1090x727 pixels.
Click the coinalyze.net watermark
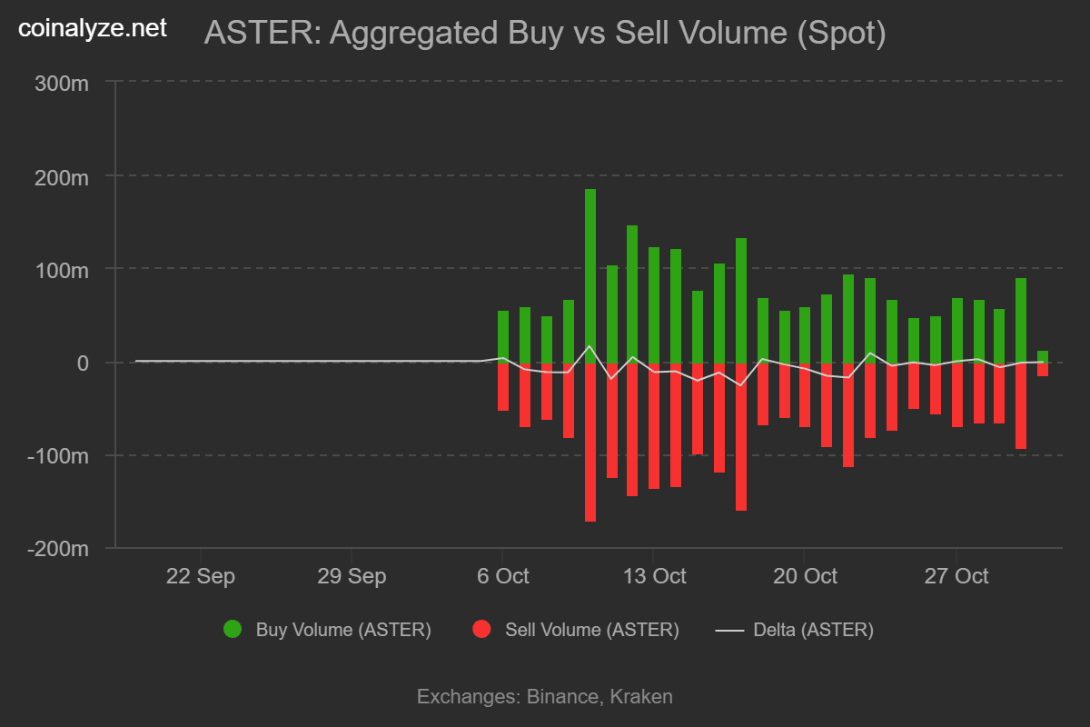coord(94,28)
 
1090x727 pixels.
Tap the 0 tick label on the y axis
coord(84,363)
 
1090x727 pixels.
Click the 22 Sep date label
coord(200,576)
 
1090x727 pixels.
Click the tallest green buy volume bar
coord(590,273)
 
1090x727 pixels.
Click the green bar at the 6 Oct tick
coord(503,336)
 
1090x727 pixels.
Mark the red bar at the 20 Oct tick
coord(805,395)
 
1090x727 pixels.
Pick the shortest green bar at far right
coord(1043,356)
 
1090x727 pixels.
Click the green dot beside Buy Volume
coord(233,629)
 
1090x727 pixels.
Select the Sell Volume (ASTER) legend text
coord(591,630)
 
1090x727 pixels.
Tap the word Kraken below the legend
coord(641,697)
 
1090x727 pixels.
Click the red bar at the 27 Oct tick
coord(957,395)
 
